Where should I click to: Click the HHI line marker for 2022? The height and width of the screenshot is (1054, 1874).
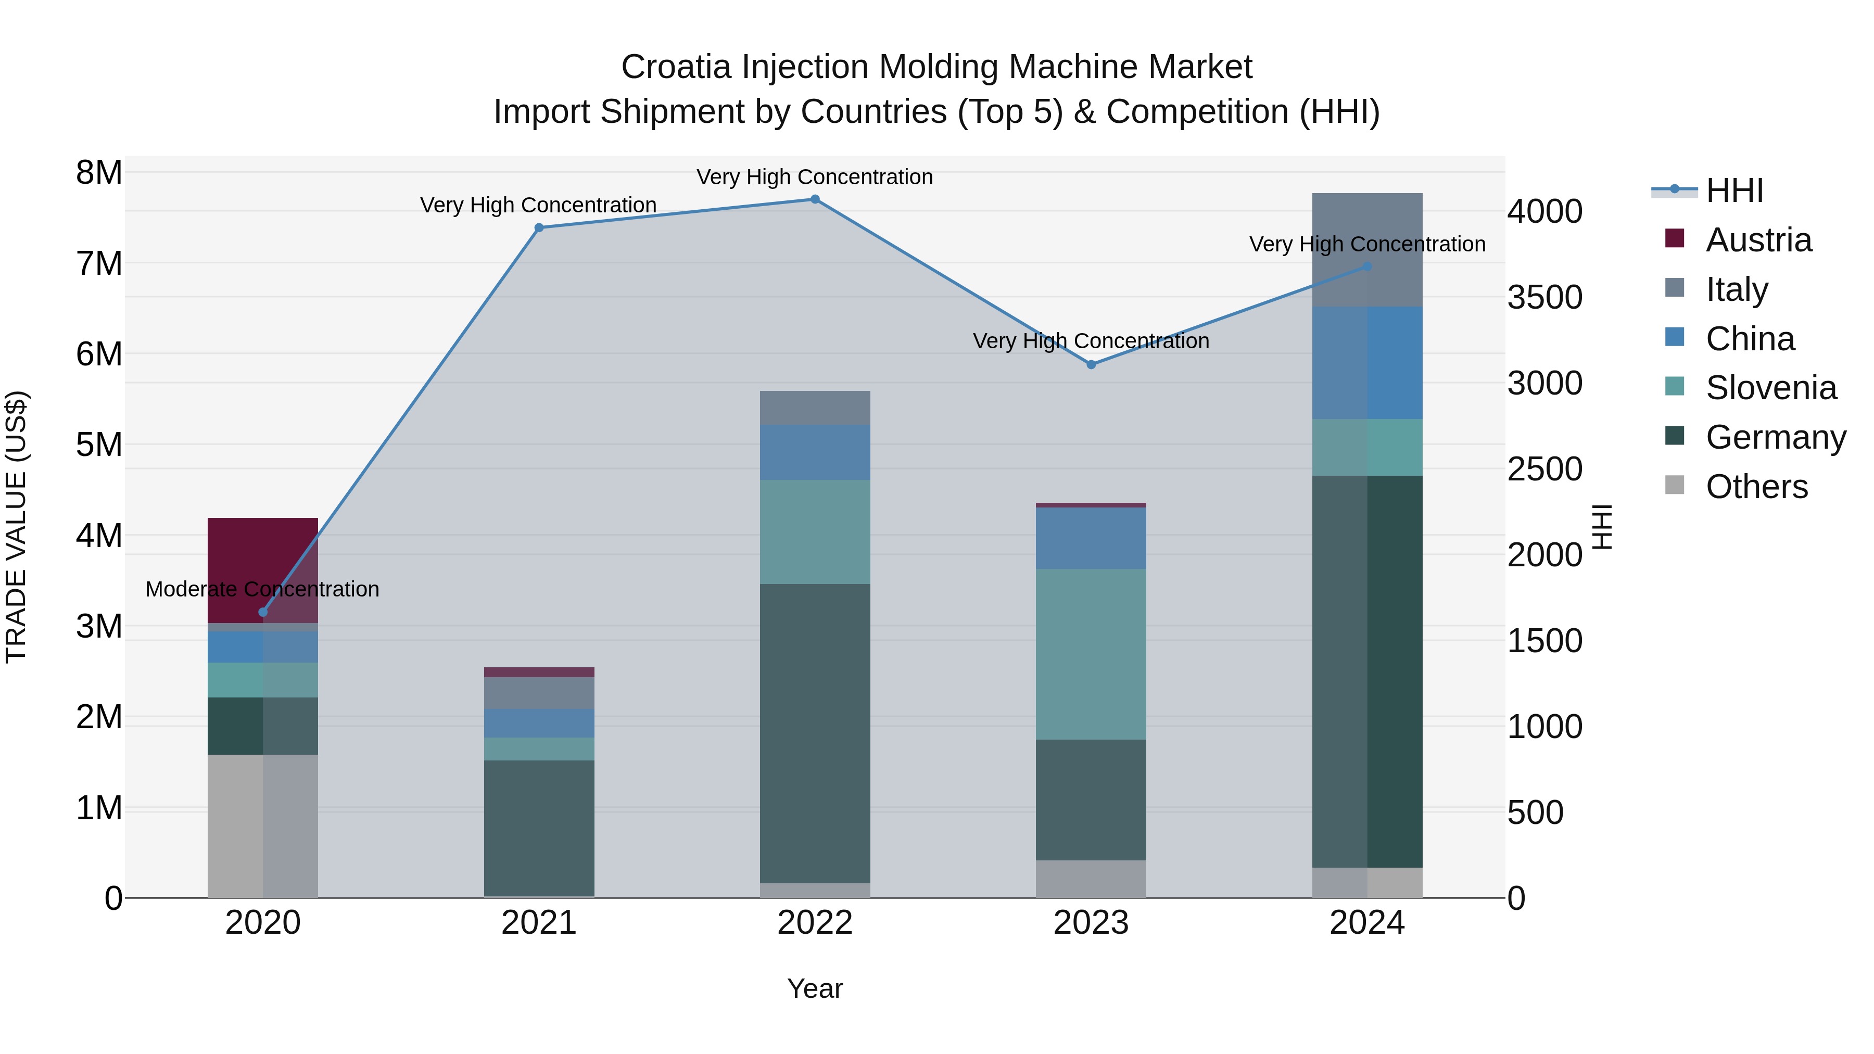pos(815,199)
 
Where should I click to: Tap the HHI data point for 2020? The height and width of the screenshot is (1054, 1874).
pos(263,612)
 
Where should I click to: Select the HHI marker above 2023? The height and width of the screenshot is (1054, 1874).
pos(1091,364)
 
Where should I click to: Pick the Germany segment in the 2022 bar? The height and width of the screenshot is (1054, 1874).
pos(815,733)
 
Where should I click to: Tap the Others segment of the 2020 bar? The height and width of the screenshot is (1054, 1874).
pos(263,826)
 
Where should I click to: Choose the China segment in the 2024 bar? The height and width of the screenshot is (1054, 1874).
pos(1367,362)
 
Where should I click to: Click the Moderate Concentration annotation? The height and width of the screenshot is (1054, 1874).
pos(263,589)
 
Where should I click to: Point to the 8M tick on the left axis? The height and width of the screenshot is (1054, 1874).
pos(99,173)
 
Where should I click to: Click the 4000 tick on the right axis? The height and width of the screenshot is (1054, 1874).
pos(1544,212)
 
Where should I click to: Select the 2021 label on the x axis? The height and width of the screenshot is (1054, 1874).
pos(538,923)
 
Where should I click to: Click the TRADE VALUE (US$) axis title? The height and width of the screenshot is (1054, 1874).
pos(16,527)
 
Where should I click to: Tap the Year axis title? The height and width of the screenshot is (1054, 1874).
pos(815,988)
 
